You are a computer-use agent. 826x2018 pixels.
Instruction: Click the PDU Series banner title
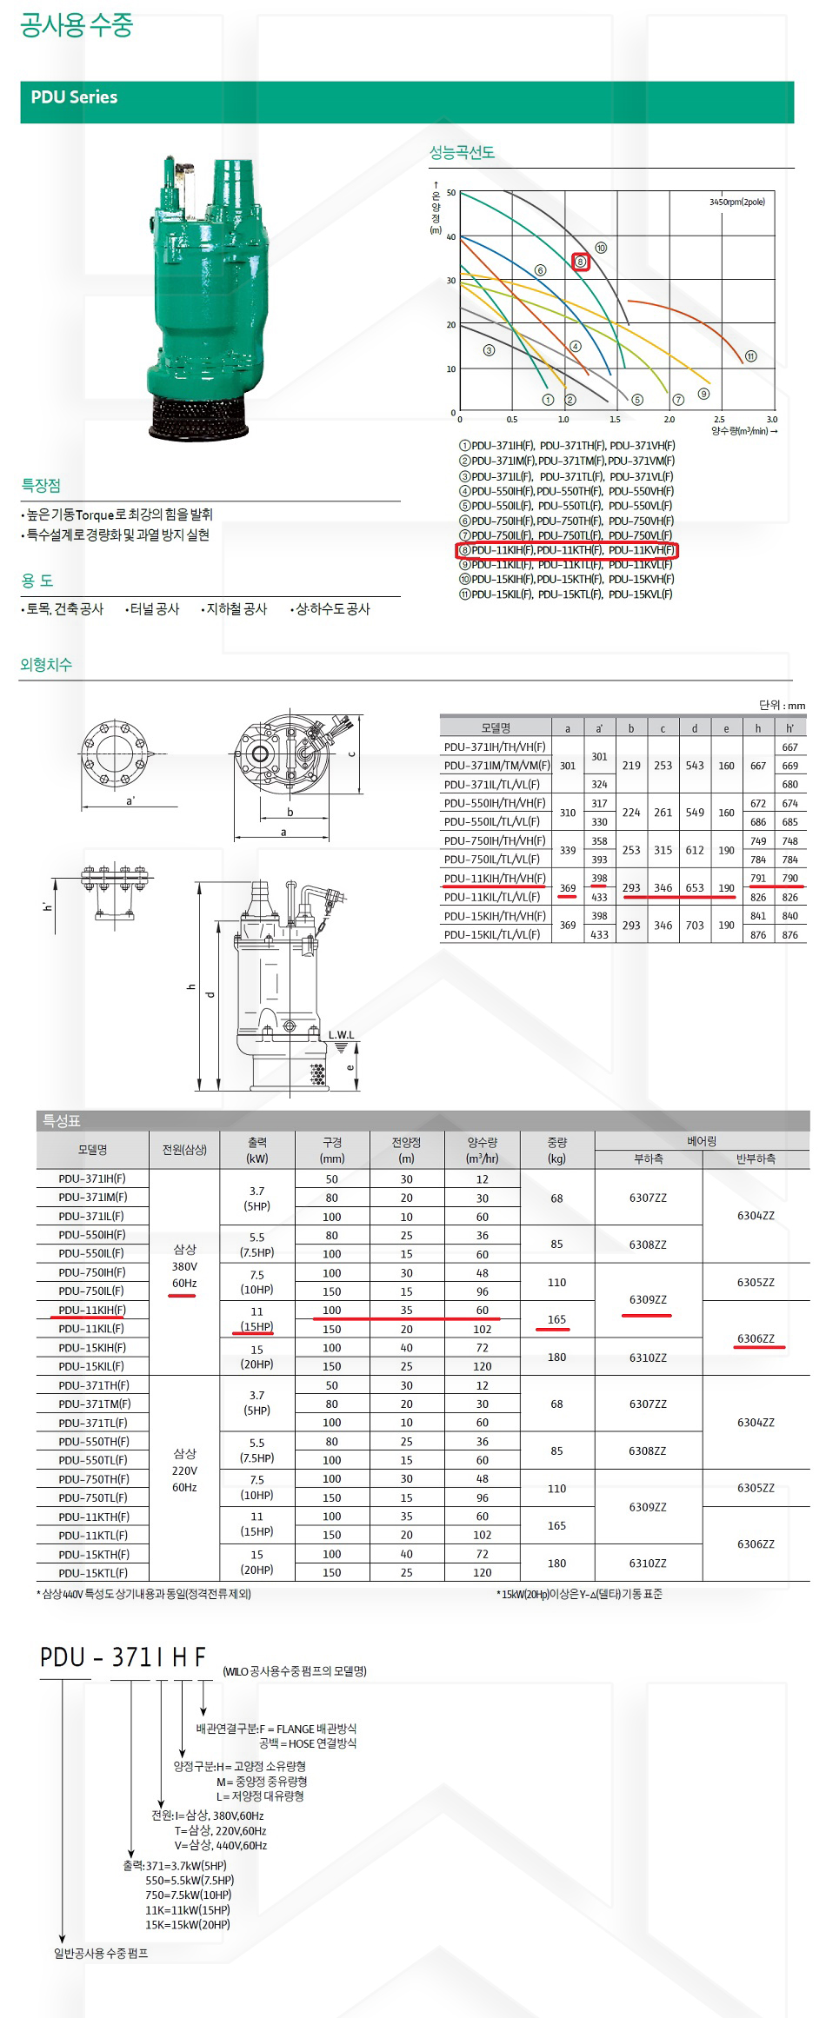74,97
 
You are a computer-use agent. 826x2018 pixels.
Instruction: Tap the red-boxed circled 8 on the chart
581,262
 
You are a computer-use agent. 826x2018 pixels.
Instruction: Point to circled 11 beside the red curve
750,356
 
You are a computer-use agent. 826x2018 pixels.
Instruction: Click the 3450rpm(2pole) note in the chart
736,202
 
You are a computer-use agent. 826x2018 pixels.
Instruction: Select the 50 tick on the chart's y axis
450,193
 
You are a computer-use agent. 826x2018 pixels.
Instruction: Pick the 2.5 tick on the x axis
719,420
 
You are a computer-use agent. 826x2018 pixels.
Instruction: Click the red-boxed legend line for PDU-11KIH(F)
566,550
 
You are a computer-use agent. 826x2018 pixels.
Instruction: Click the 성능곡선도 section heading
462,153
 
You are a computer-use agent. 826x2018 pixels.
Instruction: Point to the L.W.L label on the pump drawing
341,1035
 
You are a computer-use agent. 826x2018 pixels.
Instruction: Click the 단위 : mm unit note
782,705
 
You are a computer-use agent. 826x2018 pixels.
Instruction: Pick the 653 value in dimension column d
695,887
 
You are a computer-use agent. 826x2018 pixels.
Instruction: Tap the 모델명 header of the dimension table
496,728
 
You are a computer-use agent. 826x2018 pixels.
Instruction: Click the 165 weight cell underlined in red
556,1319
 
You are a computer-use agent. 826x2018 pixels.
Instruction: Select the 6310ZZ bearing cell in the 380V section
648,1358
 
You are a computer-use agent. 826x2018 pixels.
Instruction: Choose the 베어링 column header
702,1141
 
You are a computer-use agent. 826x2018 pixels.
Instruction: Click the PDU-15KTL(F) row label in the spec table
93,1573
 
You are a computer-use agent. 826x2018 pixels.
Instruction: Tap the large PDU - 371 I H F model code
123,1658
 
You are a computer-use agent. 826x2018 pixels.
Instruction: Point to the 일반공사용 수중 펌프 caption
101,1954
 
